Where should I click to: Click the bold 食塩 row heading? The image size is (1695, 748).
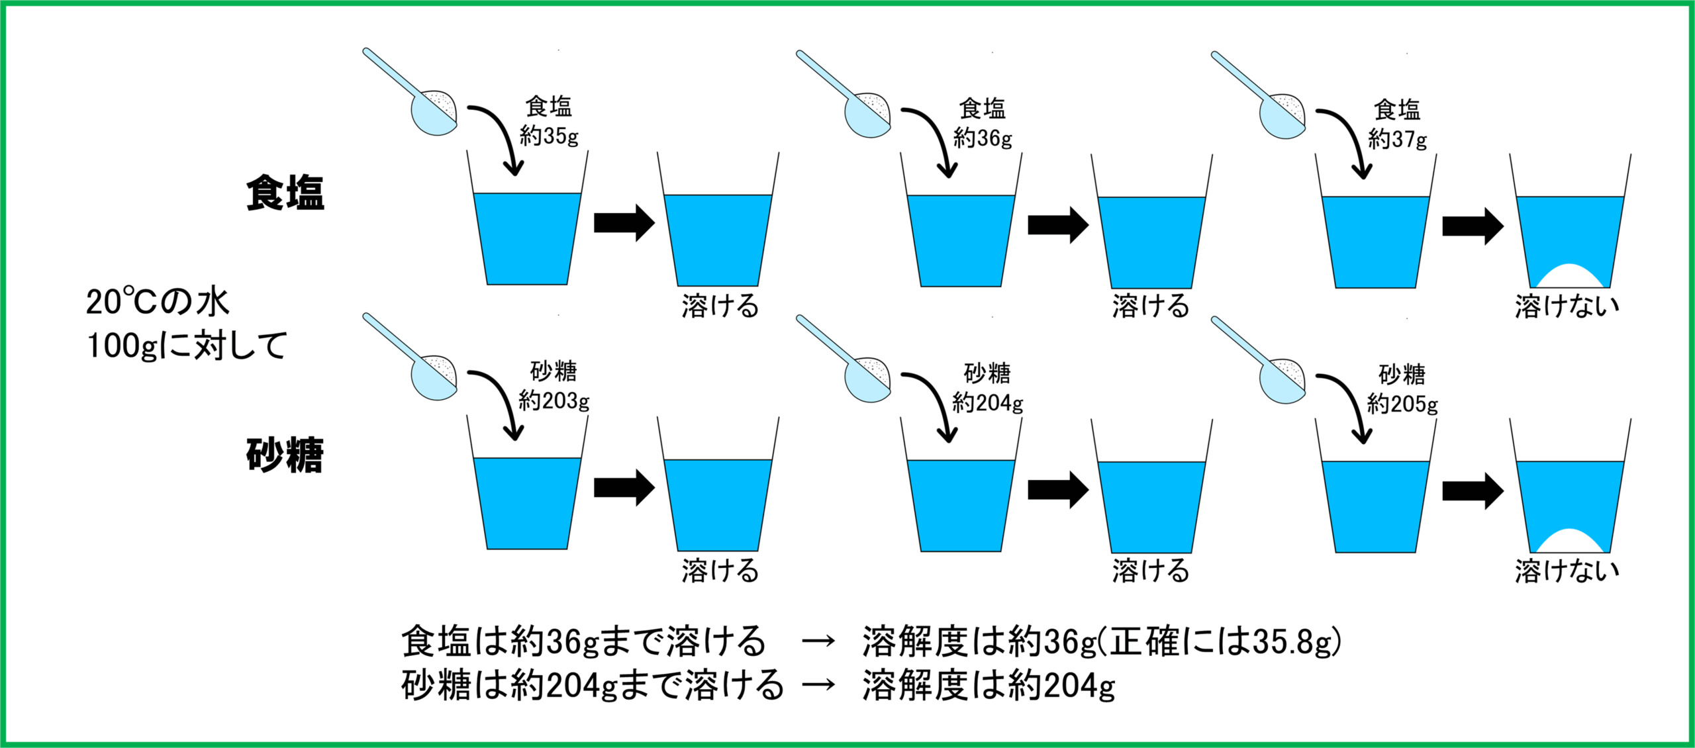285,193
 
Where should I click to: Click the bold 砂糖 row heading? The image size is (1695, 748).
285,455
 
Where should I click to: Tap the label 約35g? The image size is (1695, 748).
549,136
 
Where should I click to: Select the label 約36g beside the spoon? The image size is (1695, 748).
983,138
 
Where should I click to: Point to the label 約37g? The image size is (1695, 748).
1398,139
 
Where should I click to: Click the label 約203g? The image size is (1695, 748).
554,400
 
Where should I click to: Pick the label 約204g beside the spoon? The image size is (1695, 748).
987,402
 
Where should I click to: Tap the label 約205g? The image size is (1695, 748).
1402,404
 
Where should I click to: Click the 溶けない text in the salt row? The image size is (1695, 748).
1567,306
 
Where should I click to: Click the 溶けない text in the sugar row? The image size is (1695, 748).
1567,571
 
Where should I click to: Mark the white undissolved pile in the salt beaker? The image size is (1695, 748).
1569,277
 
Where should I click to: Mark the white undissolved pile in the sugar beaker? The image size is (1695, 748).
1569,541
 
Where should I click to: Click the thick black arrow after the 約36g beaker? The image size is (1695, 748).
1057,225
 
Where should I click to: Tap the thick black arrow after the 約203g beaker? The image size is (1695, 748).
624,488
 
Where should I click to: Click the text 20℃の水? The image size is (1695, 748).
158,302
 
